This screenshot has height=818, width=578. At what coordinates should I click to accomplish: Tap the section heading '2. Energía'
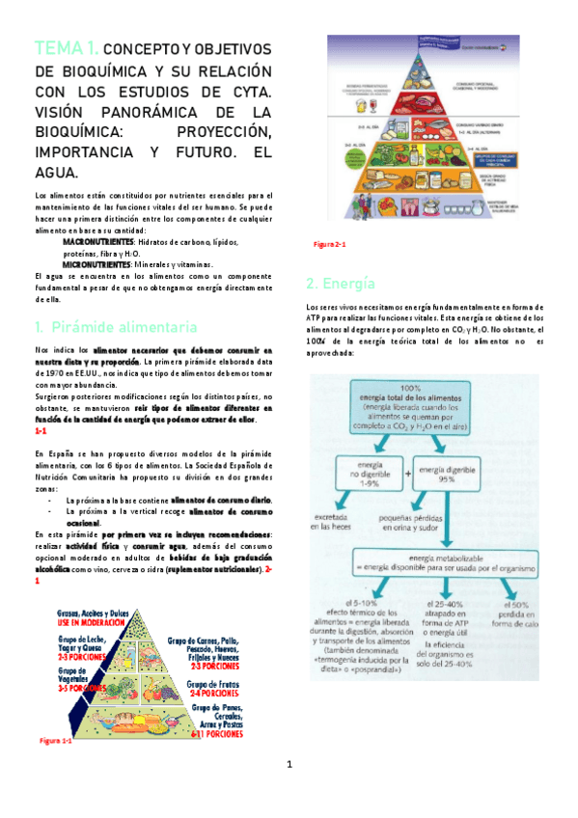click(327, 284)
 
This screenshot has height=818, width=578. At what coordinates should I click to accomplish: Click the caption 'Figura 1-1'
click(55, 741)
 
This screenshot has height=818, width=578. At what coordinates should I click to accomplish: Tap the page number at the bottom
click(289, 793)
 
